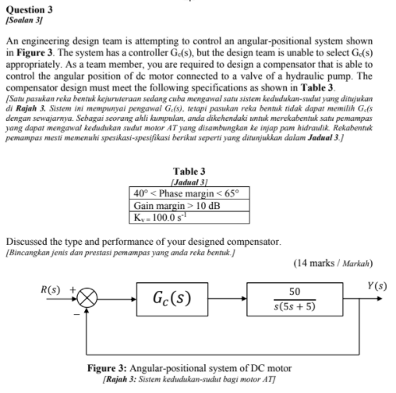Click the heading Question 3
[x=29, y=8]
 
